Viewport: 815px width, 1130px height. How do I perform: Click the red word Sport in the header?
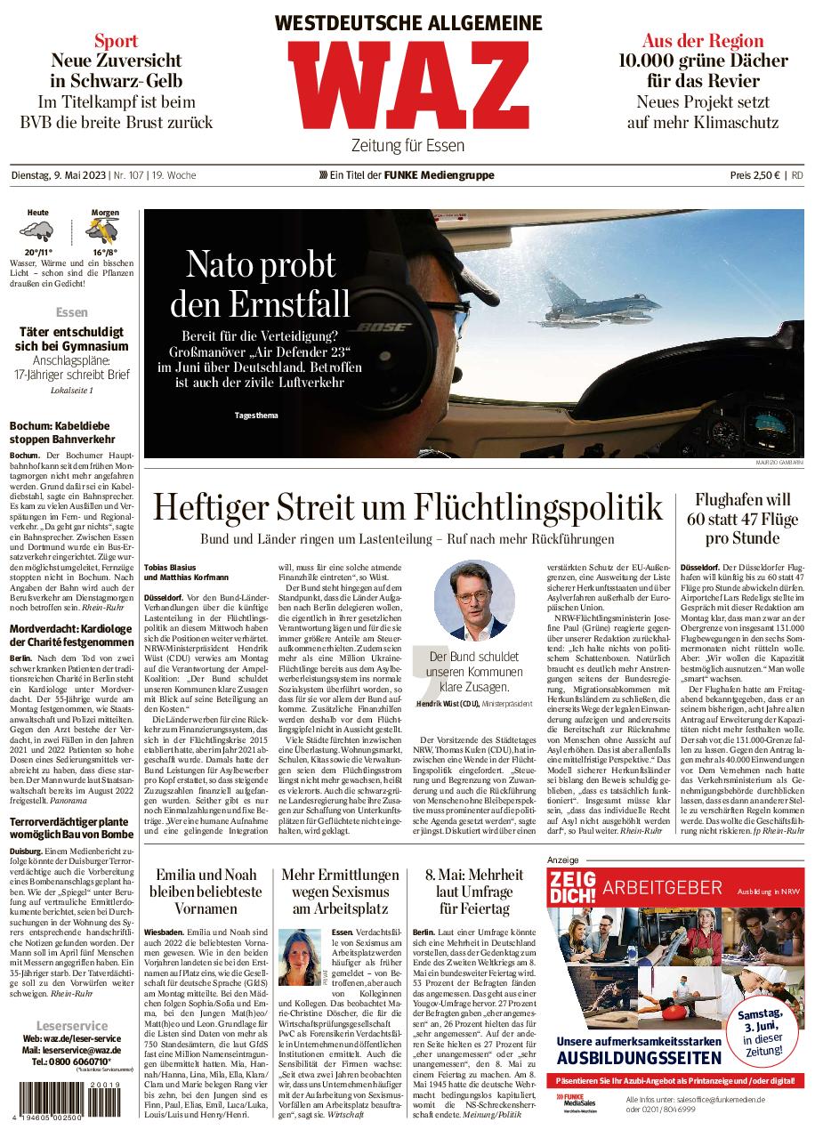(x=117, y=40)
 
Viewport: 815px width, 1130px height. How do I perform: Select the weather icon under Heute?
(x=37, y=233)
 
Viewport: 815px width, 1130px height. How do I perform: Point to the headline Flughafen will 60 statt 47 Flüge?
(x=743, y=519)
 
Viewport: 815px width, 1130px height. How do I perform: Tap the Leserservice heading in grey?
(x=71, y=1025)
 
